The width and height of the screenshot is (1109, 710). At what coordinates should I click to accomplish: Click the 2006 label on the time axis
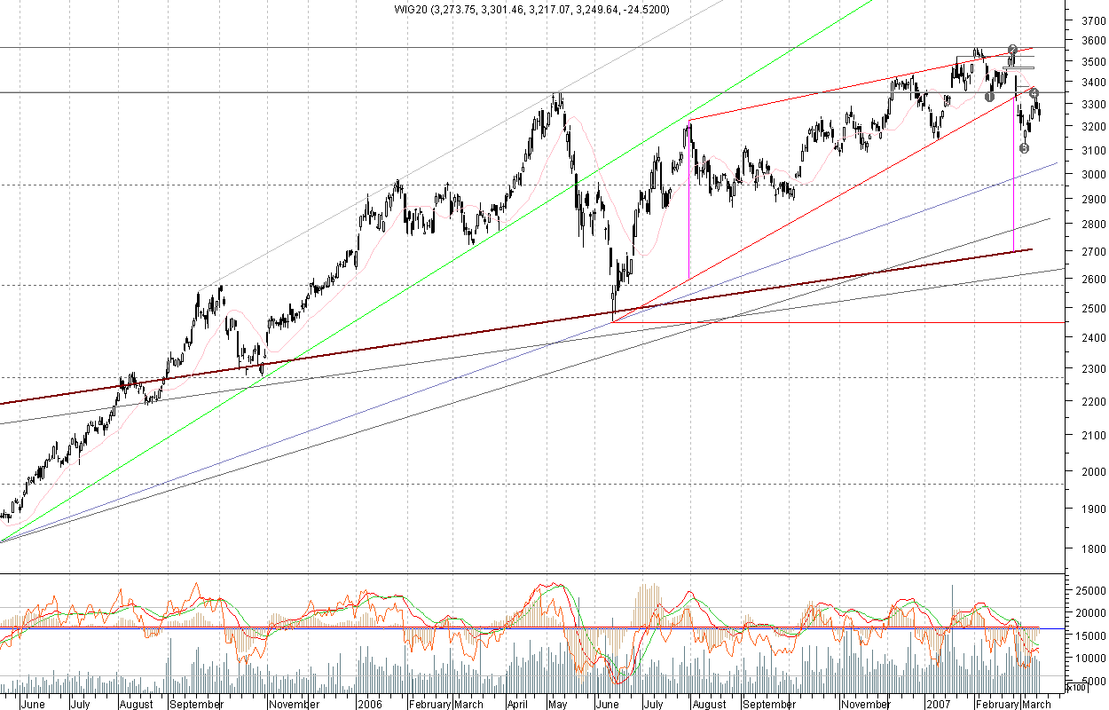(x=369, y=704)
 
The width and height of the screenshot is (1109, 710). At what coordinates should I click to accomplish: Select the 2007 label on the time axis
(x=939, y=704)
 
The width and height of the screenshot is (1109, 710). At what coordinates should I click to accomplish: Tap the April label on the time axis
(x=518, y=704)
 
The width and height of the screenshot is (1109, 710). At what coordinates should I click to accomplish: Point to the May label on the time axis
(x=557, y=704)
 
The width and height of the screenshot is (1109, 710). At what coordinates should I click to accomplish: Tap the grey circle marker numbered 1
(x=989, y=96)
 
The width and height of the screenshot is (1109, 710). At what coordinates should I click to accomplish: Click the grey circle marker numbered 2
(x=1012, y=50)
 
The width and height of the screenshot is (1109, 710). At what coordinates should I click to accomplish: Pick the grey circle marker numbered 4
(x=1034, y=92)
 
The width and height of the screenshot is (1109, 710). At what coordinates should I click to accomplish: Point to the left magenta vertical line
(x=688, y=200)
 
